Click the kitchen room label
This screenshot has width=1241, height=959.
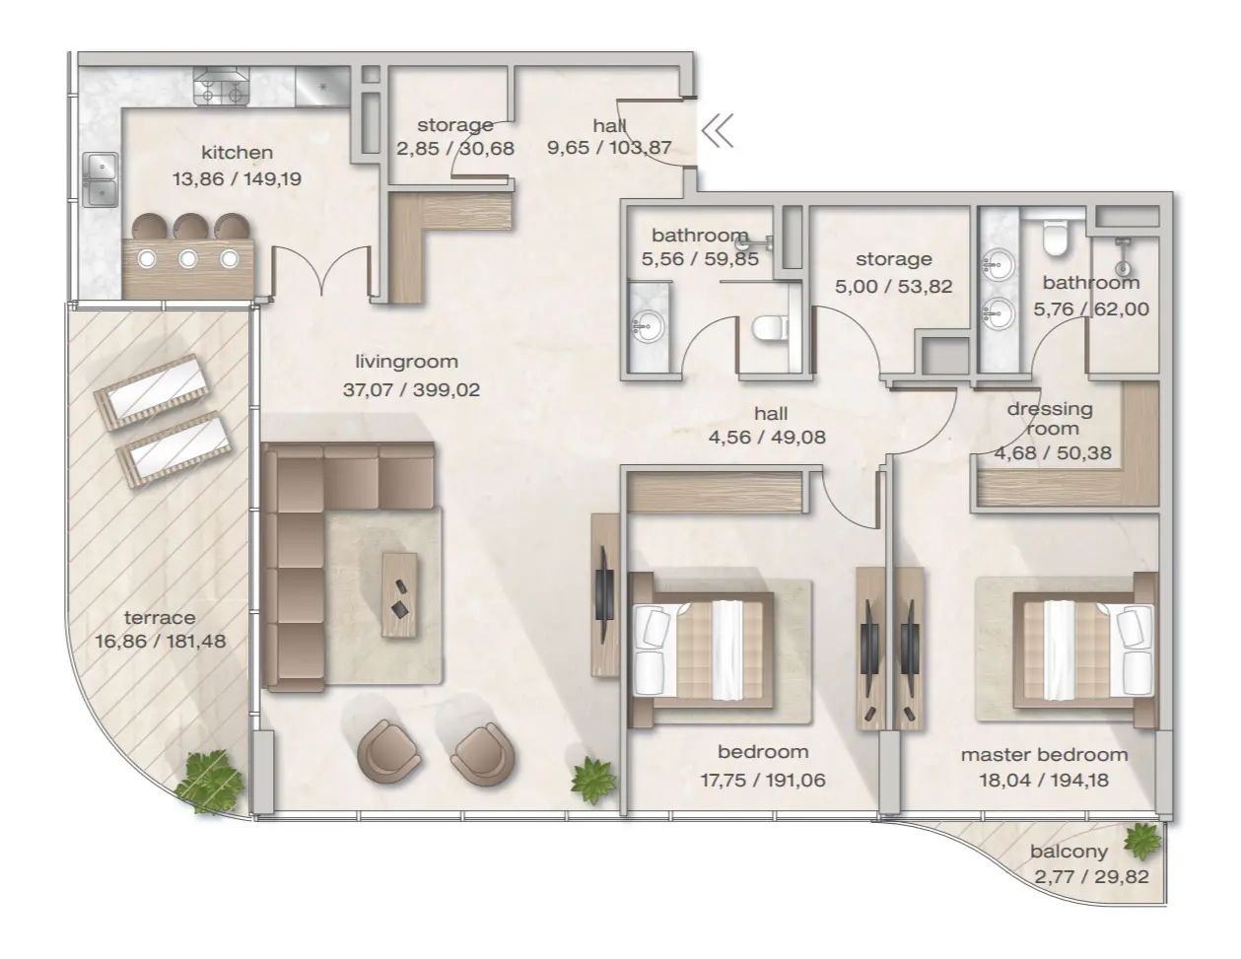coord(237,153)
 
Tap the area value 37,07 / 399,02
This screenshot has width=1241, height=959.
coord(410,390)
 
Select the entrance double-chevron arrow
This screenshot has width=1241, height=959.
coord(719,130)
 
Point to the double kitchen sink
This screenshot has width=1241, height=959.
coord(101,180)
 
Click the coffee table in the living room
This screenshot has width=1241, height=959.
coord(399,584)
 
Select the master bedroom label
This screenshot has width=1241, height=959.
coord(1044,755)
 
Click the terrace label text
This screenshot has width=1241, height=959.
coord(160,618)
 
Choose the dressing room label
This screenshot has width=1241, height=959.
coord(1049,418)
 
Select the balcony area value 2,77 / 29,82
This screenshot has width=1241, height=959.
coord(1091,876)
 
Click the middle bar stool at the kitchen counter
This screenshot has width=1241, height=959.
coord(188,227)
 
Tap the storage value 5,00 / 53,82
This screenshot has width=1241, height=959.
coord(893,287)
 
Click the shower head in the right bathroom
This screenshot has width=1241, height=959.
coord(1122,264)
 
